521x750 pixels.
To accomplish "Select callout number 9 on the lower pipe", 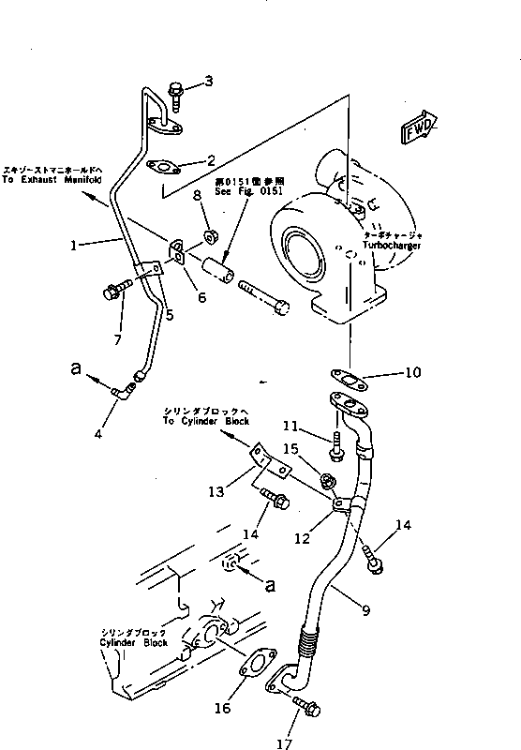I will (366, 610).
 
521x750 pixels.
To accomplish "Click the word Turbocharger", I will (394, 245).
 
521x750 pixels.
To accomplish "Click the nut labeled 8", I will (211, 229).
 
